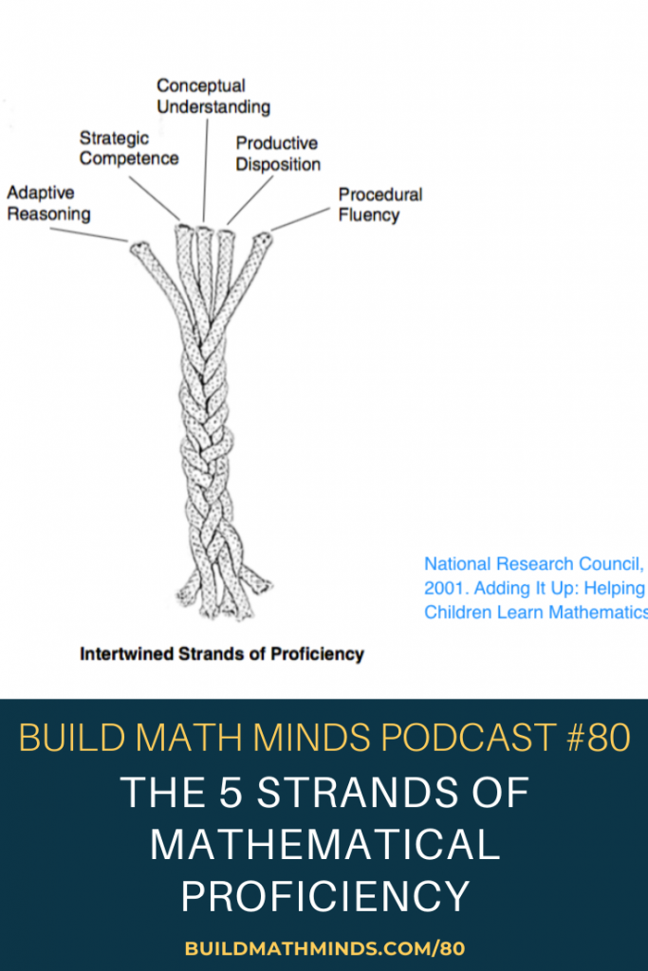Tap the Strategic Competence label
coord(129,149)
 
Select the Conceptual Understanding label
coord(213,97)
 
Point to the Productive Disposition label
coord(278,154)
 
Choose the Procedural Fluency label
coord(380,205)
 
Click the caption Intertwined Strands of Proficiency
coord(222,654)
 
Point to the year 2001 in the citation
coord(443,588)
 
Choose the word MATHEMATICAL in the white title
coord(324,844)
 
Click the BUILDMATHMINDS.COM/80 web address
coord(324,947)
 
